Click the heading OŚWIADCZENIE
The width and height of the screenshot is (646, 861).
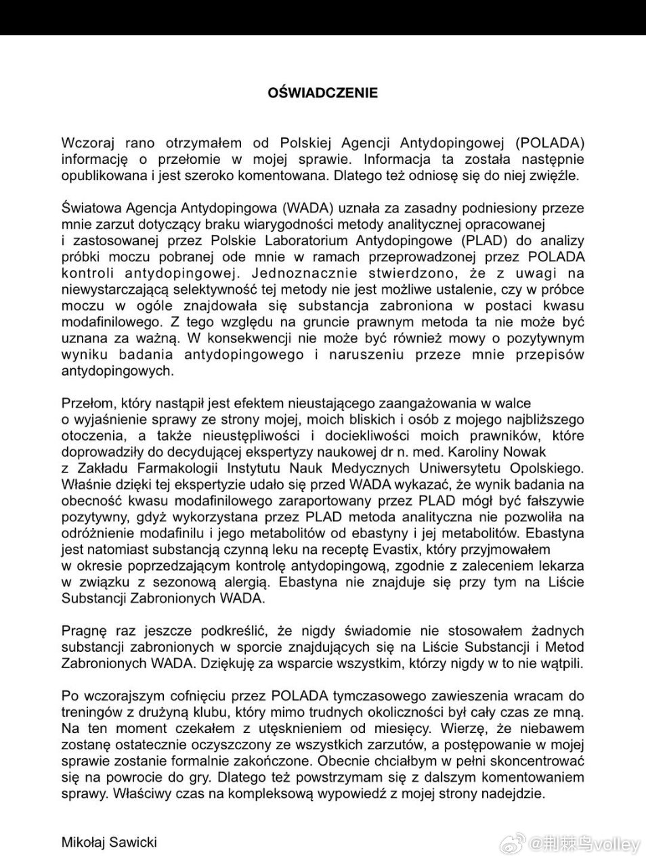[323, 93]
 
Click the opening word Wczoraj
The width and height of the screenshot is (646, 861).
[86, 143]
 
